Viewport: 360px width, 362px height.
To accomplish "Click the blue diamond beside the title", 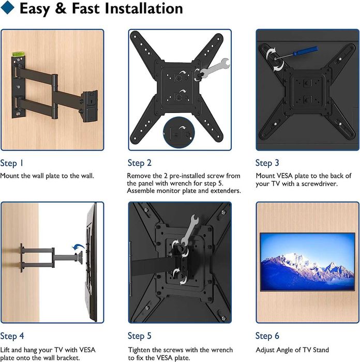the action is (7, 7).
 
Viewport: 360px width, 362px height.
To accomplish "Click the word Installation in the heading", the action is (144, 8).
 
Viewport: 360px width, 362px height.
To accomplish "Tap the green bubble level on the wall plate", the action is (17, 54).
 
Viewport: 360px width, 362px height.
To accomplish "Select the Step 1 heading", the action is (11, 163).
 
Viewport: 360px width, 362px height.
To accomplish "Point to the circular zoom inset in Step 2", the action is (179, 133).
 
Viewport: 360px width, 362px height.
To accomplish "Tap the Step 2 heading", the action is (140, 163).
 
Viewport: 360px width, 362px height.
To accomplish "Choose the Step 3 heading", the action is (267, 163).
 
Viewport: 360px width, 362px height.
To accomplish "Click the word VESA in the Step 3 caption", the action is (285, 176).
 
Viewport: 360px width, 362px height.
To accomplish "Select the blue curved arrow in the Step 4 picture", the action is (79, 247).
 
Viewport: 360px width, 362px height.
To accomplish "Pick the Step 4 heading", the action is (12, 336).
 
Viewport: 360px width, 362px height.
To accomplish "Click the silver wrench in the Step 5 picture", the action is (190, 229).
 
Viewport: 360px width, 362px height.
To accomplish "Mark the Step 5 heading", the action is (140, 336).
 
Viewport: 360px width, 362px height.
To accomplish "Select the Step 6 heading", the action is (267, 336).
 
